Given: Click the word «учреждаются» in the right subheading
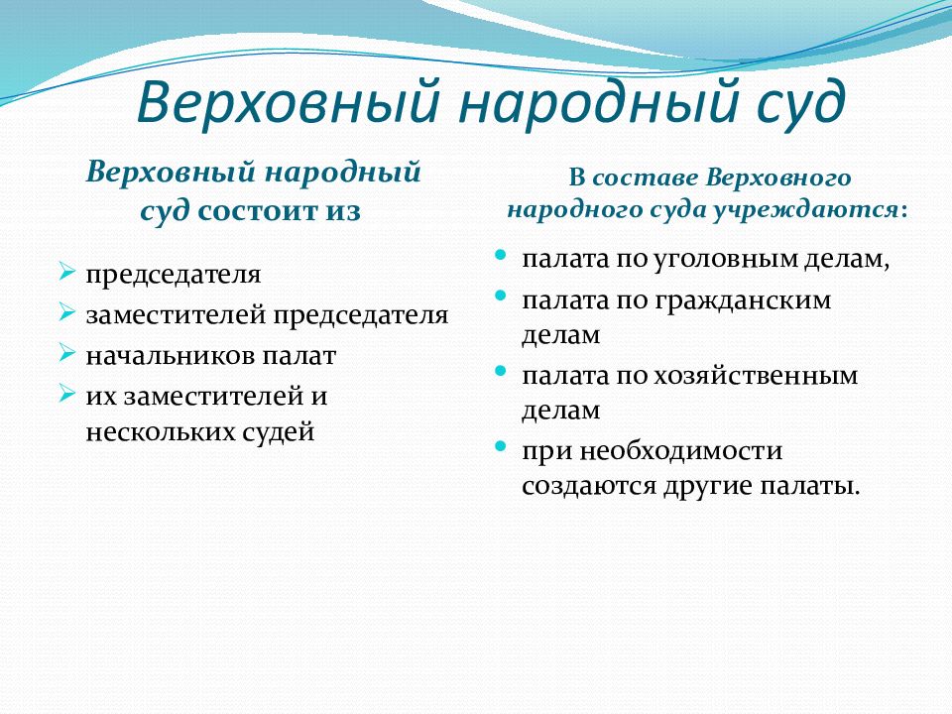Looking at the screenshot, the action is coord(805,210).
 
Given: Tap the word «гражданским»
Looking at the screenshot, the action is coord(743,301).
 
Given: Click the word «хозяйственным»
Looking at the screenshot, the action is coord(756,376).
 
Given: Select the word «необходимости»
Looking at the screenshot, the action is coord(680,451).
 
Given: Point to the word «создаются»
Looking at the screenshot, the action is coord(588,486).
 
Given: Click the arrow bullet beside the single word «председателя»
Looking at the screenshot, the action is coord(66,270).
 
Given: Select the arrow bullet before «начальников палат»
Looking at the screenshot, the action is coord(66,352).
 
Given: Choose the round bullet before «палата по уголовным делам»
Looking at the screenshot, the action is coord(500,255).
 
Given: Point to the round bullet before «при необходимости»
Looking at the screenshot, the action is coord(500,447).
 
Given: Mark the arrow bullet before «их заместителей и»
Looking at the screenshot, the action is coord(66,393).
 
